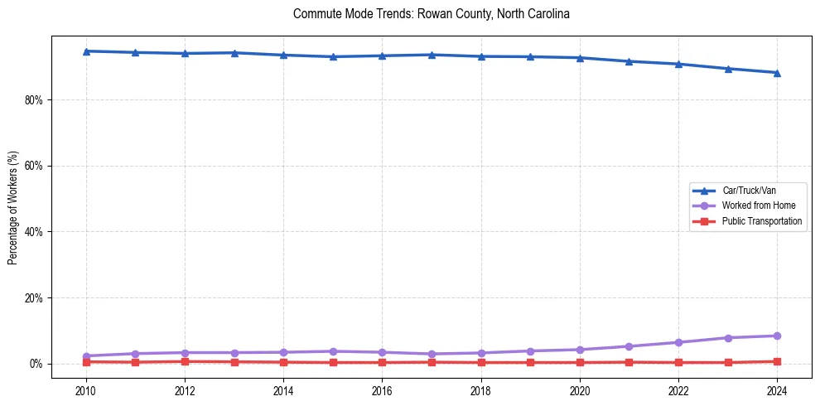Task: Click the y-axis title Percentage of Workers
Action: [13, 207]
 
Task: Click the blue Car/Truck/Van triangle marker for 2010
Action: [86, 51]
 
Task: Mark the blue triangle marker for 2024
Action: [777, 73]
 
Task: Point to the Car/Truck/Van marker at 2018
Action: [481, 56]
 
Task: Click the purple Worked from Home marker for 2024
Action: [777, 336]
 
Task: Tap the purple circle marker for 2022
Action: [678, 342]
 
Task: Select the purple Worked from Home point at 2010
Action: [86, 356]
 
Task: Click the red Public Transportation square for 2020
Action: [580, 362]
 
